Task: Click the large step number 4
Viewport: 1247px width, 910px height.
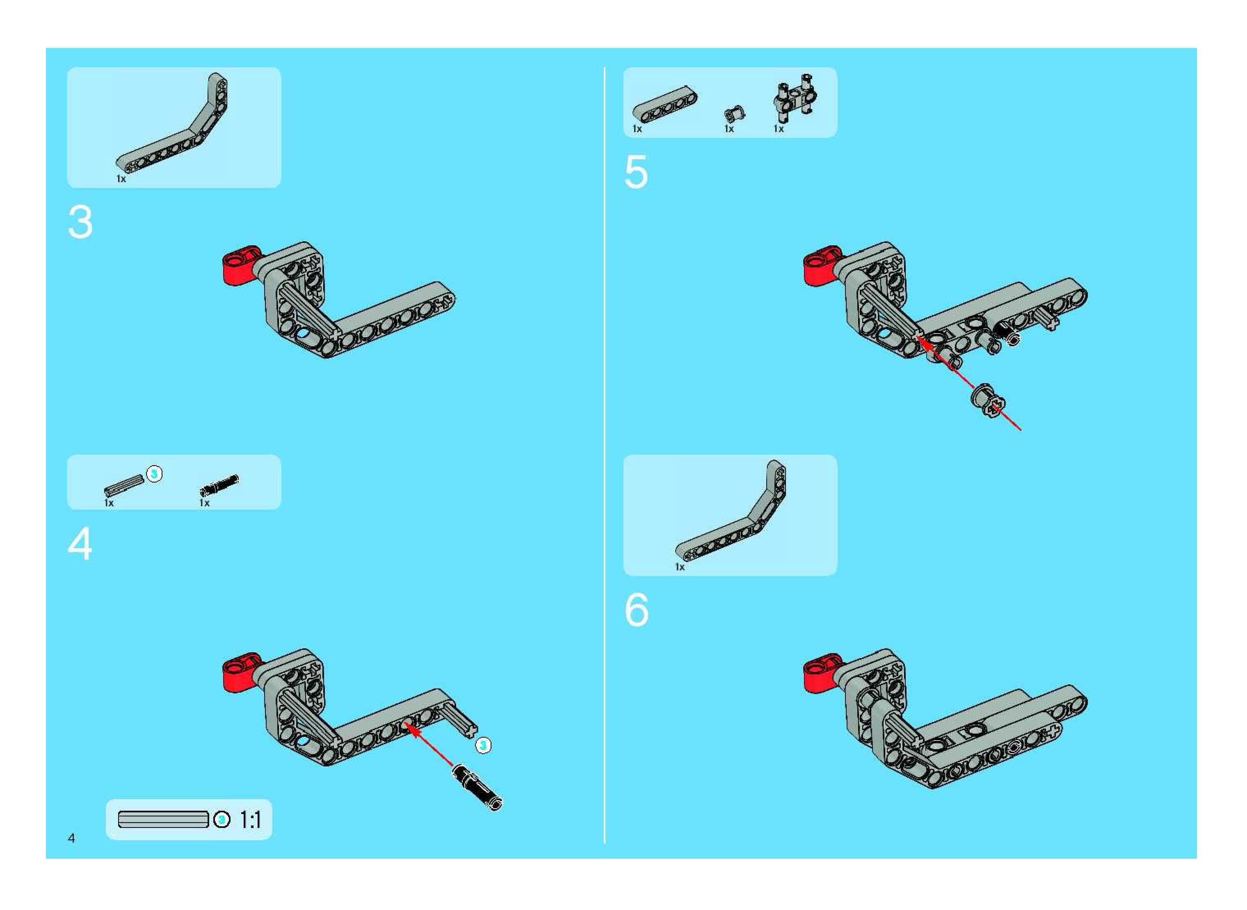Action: coord(80,544)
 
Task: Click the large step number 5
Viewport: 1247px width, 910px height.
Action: coord(636,172)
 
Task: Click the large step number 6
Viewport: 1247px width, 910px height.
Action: coord(637,610)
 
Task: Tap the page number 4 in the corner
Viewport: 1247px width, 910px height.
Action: coord(72,838)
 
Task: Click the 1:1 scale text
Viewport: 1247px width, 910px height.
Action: coord(250,820)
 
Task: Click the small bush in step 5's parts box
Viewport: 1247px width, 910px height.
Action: coord(734,114)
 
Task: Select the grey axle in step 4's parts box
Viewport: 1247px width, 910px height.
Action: coord(124,484)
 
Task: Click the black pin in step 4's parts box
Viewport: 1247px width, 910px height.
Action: coord(219,482)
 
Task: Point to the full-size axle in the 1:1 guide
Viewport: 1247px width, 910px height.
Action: coord(164,820)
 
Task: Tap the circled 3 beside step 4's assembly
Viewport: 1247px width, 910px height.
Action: coord(483,746)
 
